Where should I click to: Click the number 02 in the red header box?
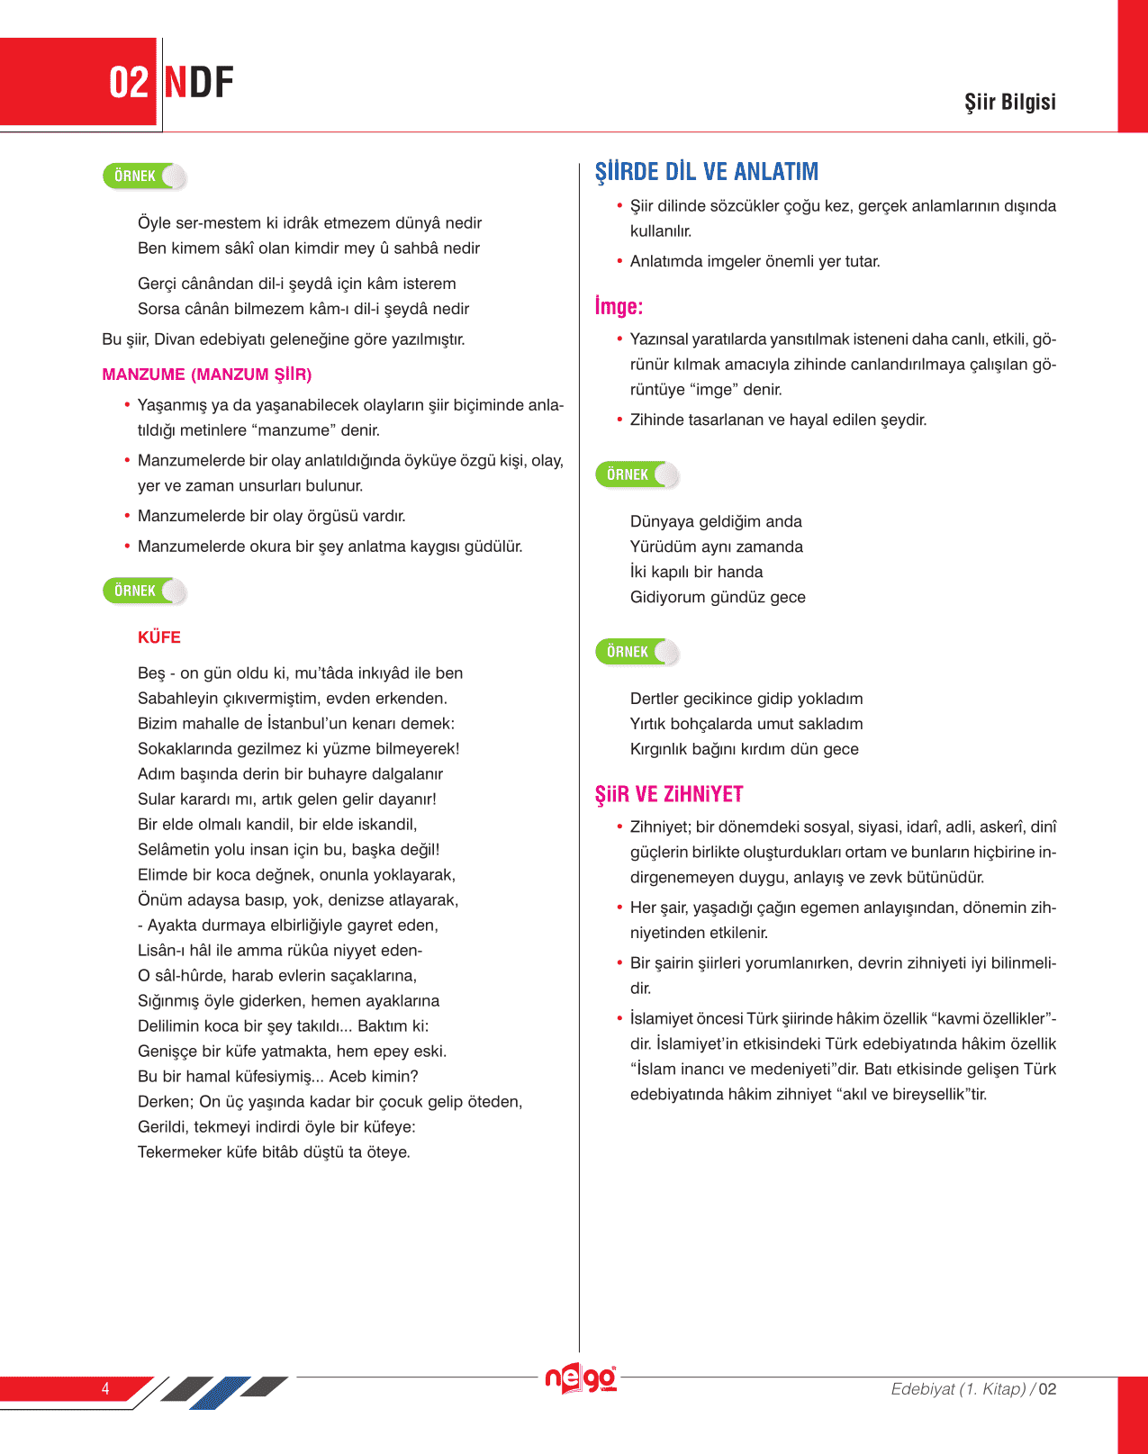(128, 83)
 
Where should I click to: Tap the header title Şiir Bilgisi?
(1009, 102)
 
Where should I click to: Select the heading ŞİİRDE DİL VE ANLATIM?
(707, 171)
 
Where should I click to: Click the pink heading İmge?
(619, 307)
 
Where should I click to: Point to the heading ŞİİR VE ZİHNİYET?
(669, 794)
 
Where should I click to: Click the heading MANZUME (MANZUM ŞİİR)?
(207, 375)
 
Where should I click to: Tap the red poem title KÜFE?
(159, 637)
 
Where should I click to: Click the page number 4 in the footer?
(105, 1388)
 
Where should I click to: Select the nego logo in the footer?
(581, 1378)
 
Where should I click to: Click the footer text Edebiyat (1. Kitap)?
(958, 1389)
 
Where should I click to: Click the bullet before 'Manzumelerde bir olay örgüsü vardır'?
(127, 516)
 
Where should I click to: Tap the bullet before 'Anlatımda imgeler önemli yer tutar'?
(619, 261)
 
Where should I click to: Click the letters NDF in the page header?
(199, 83)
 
